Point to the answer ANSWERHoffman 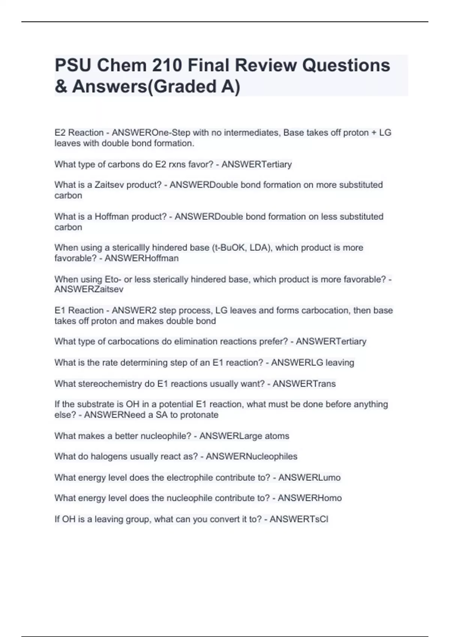coord(141,258)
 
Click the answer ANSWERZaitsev coord(89,289)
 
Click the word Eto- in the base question coord(113,280)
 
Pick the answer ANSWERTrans coord(304,384)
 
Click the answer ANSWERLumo coord(309,477)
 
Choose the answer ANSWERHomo coord(309,498)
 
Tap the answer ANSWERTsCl coord(299,519)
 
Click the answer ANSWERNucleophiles coord(251,456)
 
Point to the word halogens coord(96,456)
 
